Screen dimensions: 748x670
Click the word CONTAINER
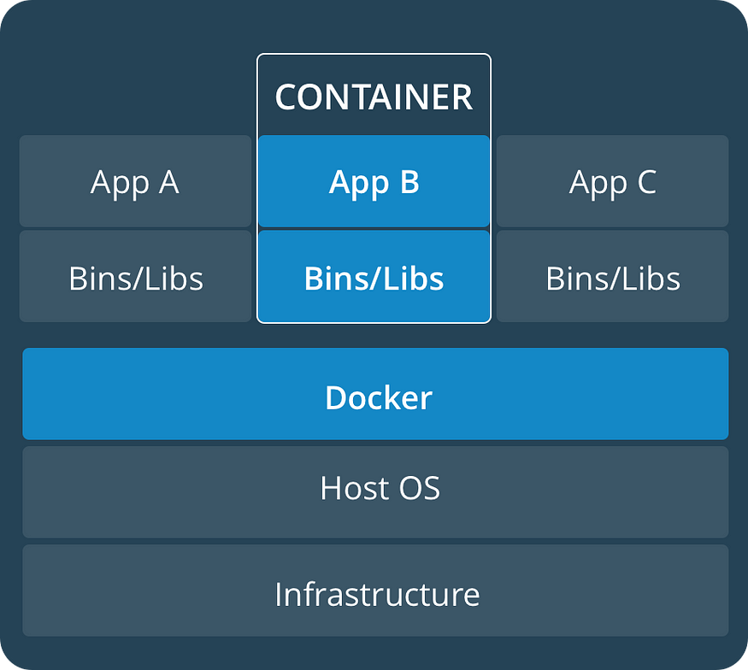point(374,97)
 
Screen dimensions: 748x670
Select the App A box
point(135,181)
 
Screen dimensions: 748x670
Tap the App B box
point(374,181)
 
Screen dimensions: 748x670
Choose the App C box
point(612,181)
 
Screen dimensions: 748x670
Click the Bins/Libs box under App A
point(135,277)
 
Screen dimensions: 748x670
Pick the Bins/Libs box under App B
point(374,277)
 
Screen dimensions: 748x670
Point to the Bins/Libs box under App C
point(612,277)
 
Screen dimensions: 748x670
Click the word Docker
point(379,397)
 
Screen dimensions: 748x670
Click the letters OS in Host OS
point(420,488)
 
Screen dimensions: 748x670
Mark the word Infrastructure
point(377,594)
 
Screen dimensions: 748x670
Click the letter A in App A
point(168,182)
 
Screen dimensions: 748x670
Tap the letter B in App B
point(409,182)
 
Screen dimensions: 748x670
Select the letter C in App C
point(645,182)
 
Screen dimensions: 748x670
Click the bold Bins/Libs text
point(374,279)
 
